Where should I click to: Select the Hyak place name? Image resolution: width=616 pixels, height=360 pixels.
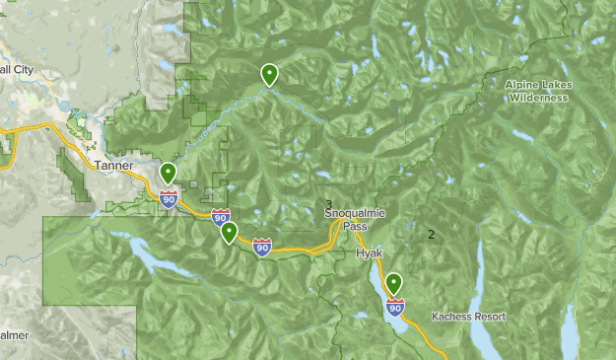369,253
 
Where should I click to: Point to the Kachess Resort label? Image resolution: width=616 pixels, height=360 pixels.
468,317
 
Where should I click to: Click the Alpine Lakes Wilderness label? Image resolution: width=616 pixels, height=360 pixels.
537,91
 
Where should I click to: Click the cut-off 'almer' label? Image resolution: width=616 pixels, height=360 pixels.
14,335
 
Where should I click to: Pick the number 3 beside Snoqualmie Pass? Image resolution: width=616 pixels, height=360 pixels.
329,204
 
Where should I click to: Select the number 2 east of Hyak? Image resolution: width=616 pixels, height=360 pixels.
431,234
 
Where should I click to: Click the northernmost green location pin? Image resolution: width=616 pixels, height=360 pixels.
268,74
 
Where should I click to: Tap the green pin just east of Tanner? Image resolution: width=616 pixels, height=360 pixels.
169,174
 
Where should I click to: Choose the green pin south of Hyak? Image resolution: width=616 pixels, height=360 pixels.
394,284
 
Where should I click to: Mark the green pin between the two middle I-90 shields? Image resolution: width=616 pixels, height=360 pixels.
229,233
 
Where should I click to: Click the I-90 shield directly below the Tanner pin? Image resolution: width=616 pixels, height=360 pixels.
169,200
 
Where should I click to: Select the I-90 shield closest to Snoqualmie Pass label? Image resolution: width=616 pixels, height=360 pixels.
261,247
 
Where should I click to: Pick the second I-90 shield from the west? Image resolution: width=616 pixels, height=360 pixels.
220,217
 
